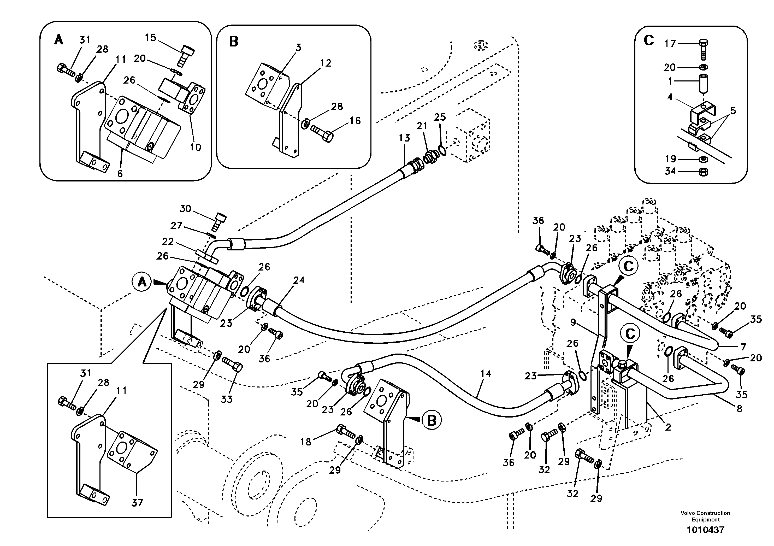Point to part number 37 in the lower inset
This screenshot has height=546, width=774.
pyautogui.click(x=137, y=503)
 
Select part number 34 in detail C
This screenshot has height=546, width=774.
pyautogui.click(x=670, y=171)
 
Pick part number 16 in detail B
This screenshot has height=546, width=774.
pyautogui.click(x=355, y=120)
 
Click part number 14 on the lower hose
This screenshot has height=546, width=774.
pyautogui.click(x=486, y=374)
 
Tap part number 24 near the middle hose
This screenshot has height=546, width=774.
pyautogui.click(x=299, y=280)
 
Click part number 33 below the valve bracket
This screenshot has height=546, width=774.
pyautogui.click(x=227, y=399)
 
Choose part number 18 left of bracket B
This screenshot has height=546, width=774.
pyautogui.click(x=305, y=442)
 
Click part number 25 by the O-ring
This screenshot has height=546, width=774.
pyautogui.click(x=440, y=117)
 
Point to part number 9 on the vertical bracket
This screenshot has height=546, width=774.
pyautogui.click(x=573, y=323)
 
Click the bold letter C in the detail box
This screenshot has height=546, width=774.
pyautogui.click(x=649, y=41)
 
